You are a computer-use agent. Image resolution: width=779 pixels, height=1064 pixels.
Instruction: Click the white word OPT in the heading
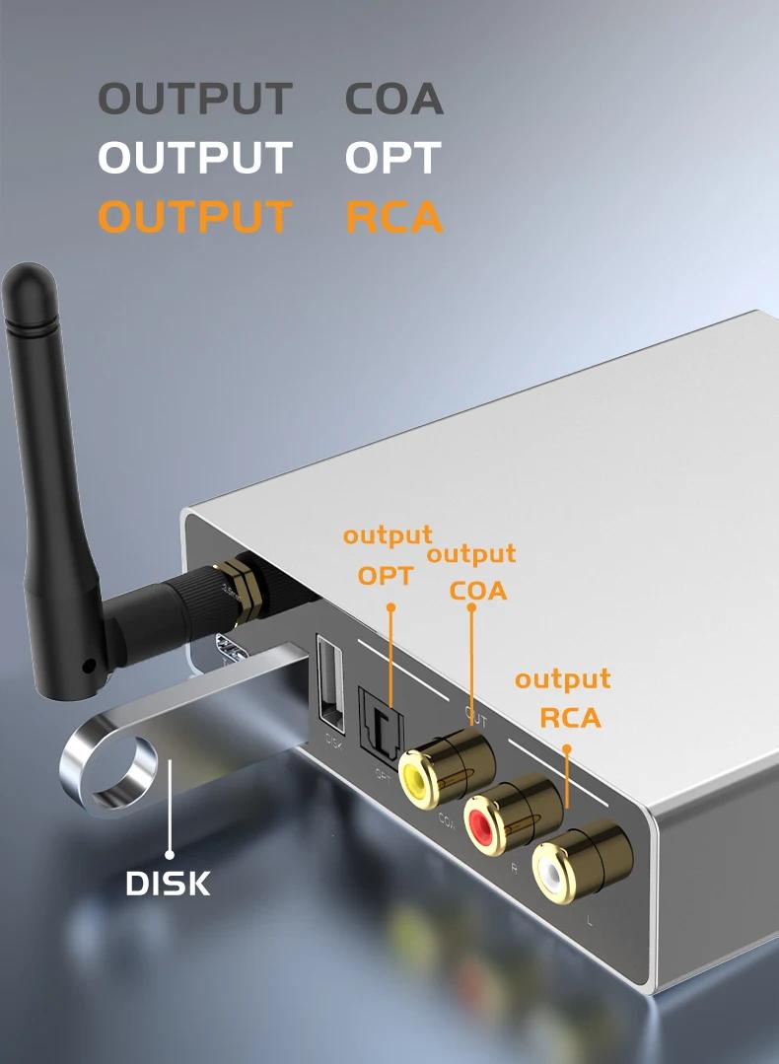coord(391,159)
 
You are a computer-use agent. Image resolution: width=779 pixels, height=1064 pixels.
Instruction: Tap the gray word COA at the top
coord(393,100)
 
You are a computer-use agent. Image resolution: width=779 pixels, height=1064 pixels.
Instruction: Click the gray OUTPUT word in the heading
coord(195,100)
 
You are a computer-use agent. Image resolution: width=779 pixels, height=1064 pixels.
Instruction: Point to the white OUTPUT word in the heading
coord(195,159)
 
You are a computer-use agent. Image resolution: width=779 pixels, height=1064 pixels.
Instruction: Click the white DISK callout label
coord(169,884)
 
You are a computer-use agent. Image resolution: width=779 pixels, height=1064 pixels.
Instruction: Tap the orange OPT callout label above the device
coord(385,575)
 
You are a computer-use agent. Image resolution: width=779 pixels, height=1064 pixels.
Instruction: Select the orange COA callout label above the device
coord(477,591)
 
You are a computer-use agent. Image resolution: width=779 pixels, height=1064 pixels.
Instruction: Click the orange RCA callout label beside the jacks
coord(570,718)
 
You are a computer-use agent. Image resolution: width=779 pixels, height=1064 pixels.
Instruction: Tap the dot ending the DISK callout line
coord(170,855)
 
